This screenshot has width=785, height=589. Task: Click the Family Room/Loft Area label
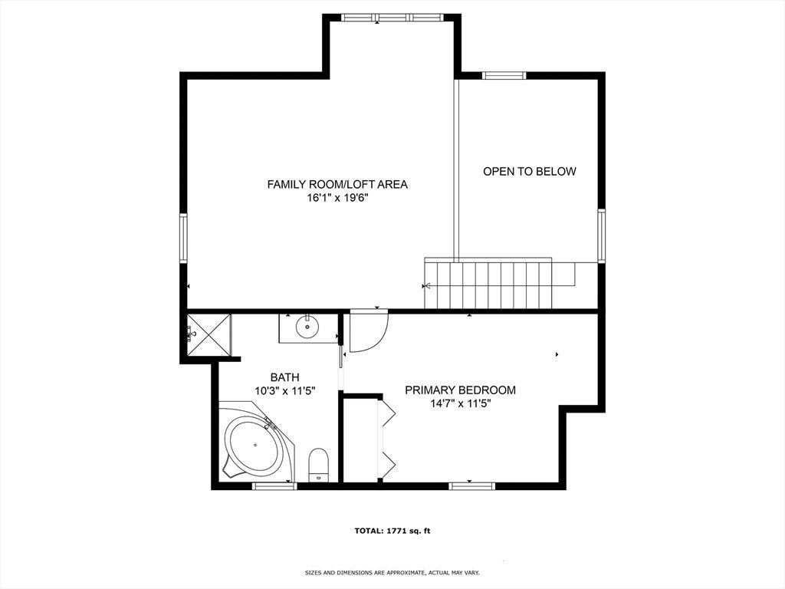point(337,184)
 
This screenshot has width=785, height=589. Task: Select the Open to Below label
point(529,171)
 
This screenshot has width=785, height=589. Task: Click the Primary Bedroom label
point(460,390)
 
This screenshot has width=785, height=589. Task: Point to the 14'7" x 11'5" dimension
point(460,403)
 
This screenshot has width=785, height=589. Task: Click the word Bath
point(284,377)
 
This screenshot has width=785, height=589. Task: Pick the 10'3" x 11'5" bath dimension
point(284,391)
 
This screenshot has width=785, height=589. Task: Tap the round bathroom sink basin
point(307,327)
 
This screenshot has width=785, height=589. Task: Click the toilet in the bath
point(318,464)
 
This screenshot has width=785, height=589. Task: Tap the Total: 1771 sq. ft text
point(392,531)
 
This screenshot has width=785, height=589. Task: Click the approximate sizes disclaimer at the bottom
point(392,572)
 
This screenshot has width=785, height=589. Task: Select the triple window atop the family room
point(392,18)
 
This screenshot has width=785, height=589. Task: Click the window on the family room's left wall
point(184,238)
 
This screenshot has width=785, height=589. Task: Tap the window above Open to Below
point(504,76)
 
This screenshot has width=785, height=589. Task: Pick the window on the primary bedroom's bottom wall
point(471,485)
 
